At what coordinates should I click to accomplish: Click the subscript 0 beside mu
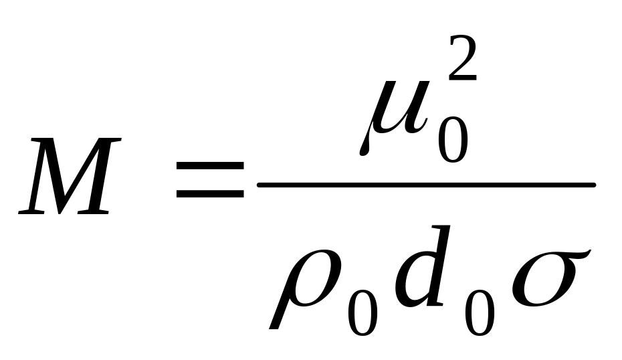coord(452,137)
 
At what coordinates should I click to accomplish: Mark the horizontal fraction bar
coord(426,185)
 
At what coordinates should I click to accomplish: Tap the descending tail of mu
coord(365,144)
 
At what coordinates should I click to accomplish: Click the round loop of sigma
coord(538,284)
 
